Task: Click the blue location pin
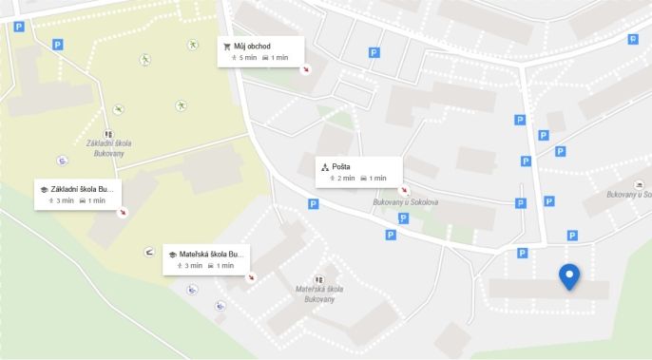569,276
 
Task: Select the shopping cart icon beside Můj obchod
226,46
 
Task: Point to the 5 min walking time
244,58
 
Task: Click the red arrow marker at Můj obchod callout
305,68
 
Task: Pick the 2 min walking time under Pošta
343,179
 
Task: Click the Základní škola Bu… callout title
84,189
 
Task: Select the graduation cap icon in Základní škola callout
45,189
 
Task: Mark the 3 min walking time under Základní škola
62,201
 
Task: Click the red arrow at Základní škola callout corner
121,212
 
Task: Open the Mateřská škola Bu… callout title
212,255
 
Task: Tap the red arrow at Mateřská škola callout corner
251,277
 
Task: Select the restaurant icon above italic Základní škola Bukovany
108,134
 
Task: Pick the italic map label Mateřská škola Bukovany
318,293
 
